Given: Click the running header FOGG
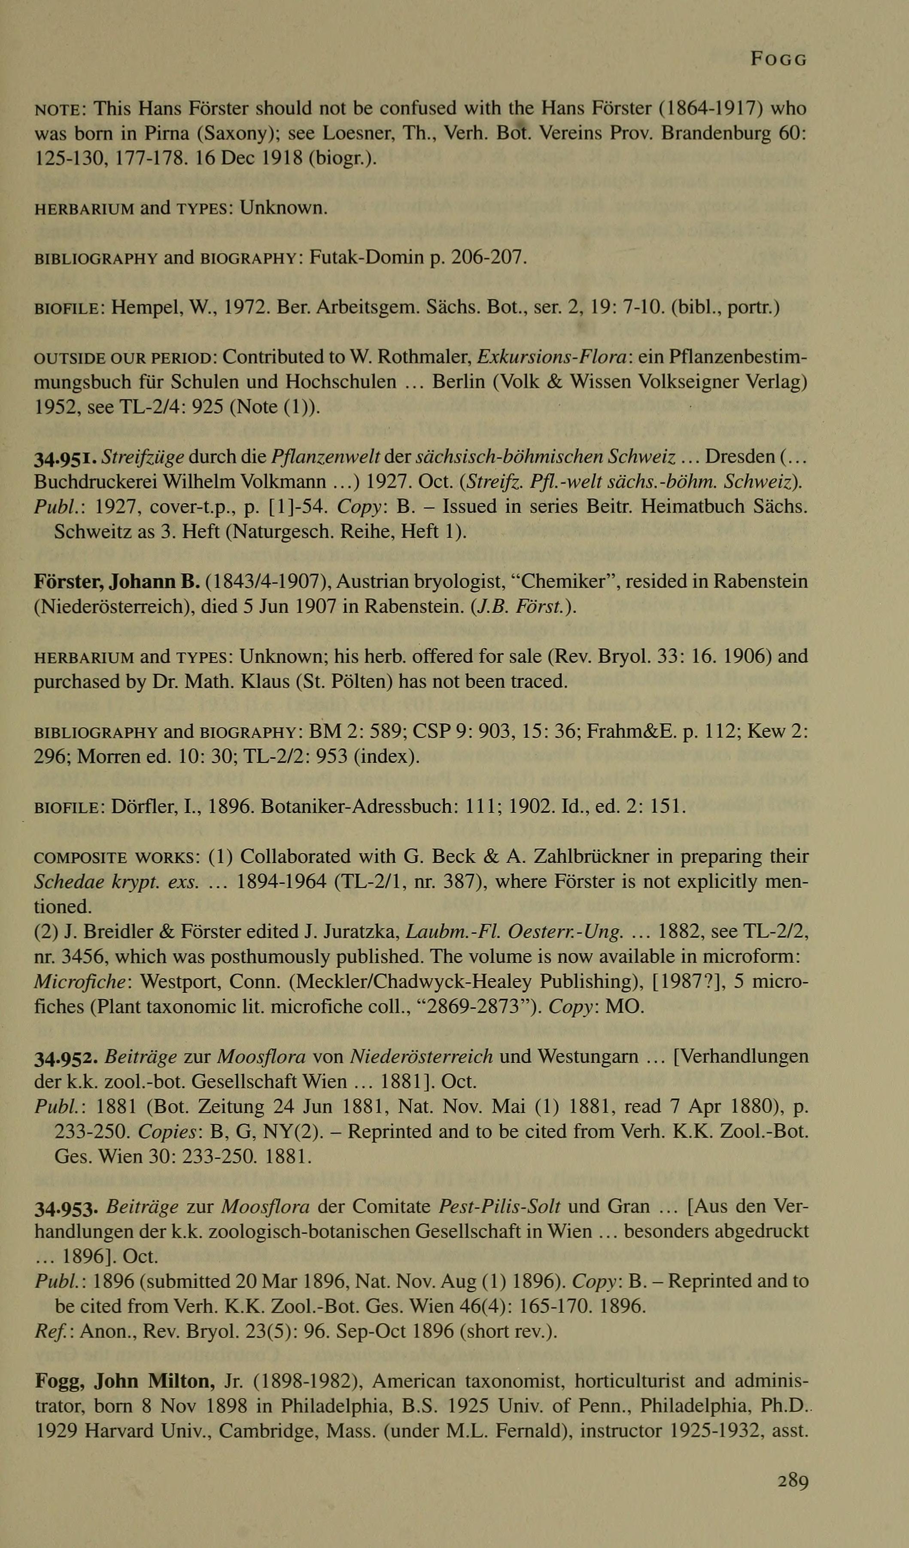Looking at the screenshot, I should (x=779, y=60).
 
